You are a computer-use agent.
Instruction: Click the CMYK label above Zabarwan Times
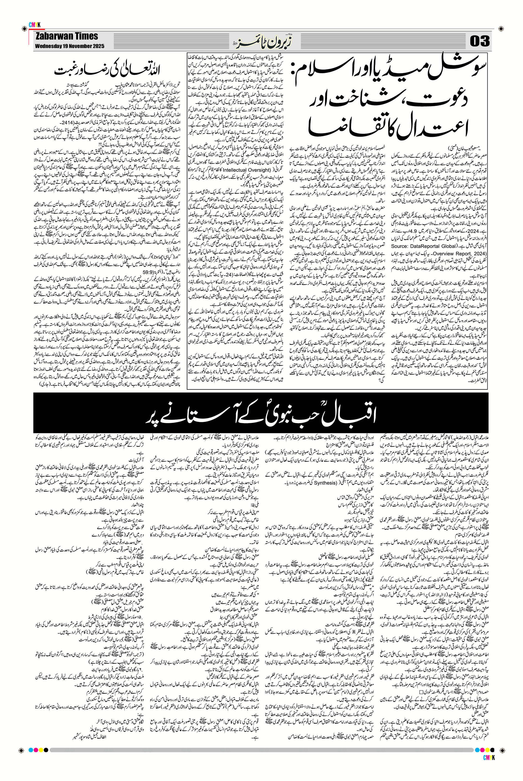pos(34,25)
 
